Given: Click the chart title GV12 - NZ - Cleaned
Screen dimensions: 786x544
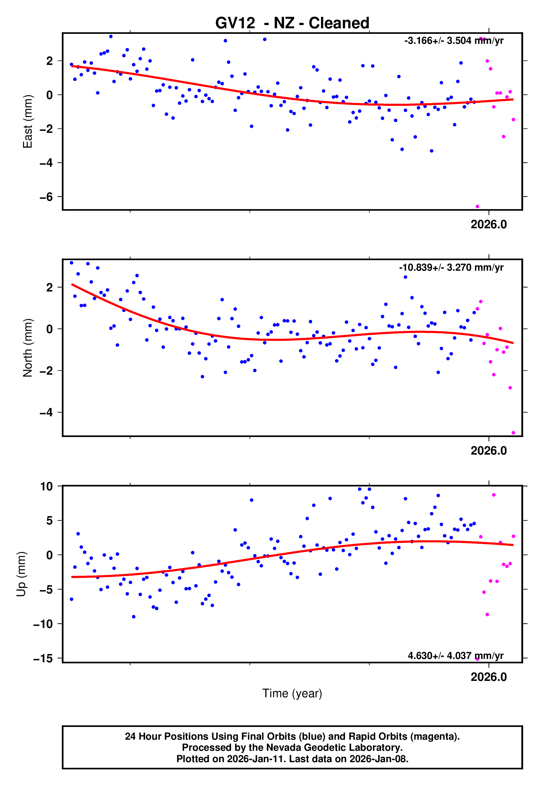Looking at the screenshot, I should tap(292, 23).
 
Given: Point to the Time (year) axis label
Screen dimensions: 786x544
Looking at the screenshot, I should tap(292, 693).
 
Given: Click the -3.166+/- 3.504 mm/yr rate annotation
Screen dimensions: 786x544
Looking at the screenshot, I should tap(454, 41).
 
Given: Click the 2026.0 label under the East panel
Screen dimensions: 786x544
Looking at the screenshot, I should tap(489, 224).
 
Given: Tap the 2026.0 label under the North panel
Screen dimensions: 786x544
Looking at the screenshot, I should tap(489, 451).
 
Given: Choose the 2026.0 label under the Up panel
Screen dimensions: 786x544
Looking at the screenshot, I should tap(489, 677).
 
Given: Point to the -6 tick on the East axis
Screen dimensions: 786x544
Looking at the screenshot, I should tap(46, 197).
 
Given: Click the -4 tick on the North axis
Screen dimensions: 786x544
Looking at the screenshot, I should tap(46, 412).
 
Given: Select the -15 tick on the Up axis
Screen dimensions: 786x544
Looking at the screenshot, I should tap(43, 658).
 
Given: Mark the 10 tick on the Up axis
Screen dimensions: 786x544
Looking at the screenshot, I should tap(46, 486).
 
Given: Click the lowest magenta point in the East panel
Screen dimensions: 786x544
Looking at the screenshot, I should tap(477, 207).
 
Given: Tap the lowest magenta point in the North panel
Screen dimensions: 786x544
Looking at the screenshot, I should tap(513, 433).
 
